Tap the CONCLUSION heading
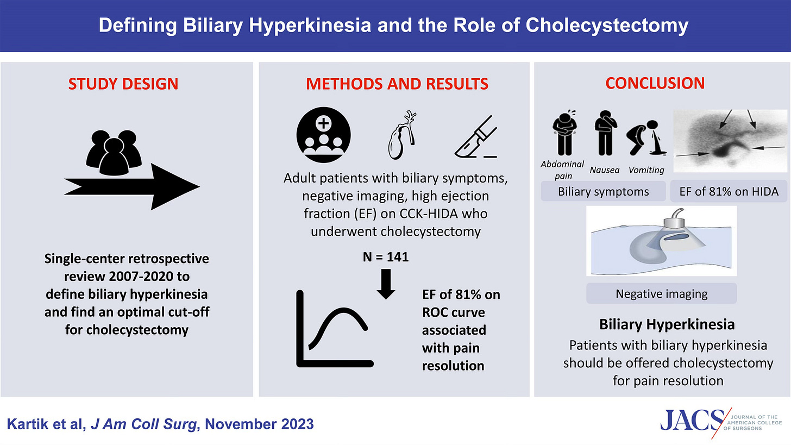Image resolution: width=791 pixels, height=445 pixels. [655, 83]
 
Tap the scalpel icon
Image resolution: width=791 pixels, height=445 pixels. [475, 136]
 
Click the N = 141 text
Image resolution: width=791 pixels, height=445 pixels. [386, 258]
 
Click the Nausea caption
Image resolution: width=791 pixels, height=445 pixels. [604, 170]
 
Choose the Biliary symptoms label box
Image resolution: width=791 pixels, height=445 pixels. [603, 191]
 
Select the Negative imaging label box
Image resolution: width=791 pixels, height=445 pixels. [661, 294]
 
